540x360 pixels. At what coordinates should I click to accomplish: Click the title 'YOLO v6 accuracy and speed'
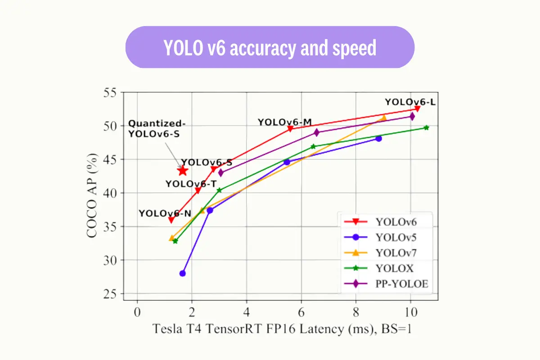coord(270,48)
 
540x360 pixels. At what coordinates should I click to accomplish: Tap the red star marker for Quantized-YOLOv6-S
coord(182,171)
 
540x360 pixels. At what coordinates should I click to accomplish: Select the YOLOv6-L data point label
coord(410,102)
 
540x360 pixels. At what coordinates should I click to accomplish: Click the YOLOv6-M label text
coord(285,122)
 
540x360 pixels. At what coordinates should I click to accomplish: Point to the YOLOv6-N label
coord(165,213)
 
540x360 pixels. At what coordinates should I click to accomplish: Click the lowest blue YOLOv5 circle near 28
coord(182,273)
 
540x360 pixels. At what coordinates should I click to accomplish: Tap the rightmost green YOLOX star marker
coord(426,128)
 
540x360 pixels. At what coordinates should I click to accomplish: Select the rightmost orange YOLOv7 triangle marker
coord(383,118)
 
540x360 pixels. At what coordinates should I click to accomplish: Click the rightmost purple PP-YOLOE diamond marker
coord(412,117)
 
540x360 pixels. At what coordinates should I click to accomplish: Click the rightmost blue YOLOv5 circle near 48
coord(378,139)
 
